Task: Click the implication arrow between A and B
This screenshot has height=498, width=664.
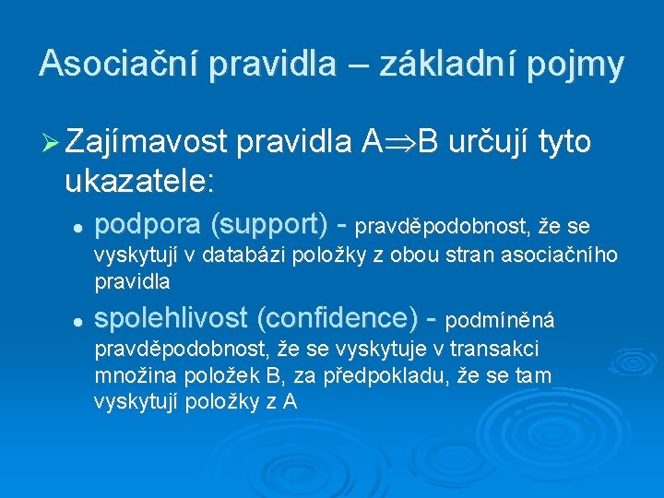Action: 399,142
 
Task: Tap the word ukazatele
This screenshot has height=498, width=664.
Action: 138,181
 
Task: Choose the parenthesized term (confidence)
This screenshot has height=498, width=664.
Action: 338,318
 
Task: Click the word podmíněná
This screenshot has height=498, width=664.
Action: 499,320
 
